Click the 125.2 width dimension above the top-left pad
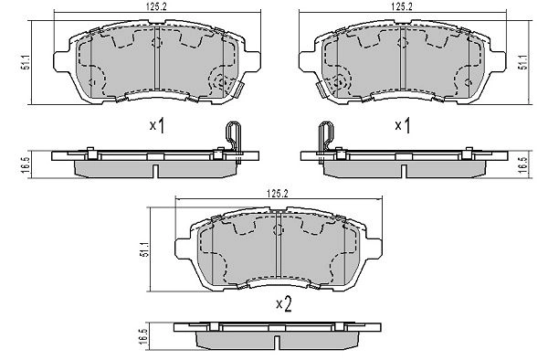(157, 7)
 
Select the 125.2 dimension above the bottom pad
(277, 194)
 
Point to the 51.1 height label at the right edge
(524, 62)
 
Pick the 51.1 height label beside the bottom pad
(144, 249)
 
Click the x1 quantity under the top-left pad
(157, 126)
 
